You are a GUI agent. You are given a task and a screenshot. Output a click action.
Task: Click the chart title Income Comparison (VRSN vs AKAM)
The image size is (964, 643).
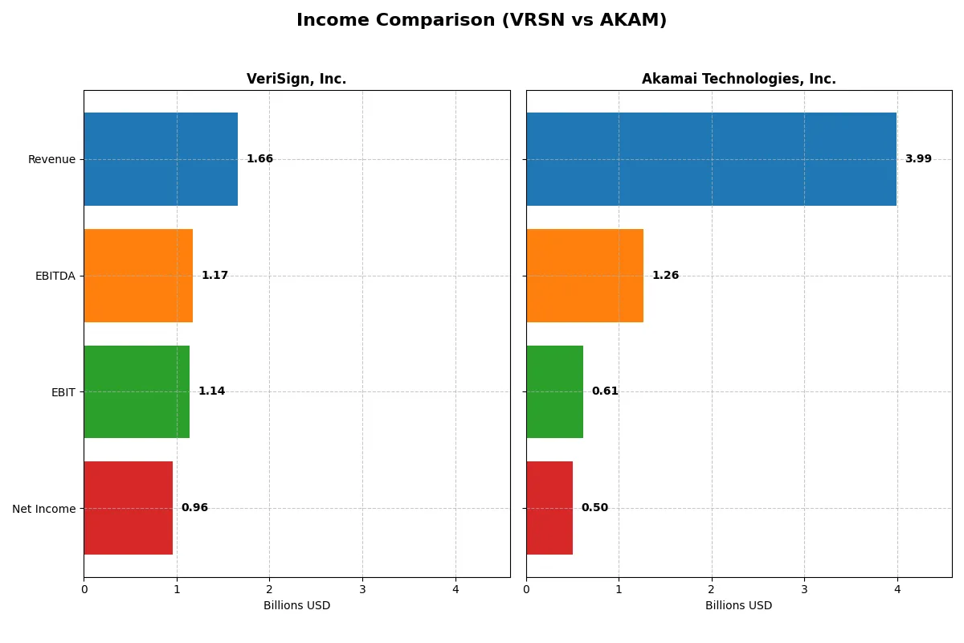pos(481,20)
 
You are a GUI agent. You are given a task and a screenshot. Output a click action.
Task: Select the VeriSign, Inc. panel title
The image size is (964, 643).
pos(296,79)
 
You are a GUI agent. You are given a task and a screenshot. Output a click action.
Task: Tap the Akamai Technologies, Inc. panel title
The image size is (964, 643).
pos(738,79)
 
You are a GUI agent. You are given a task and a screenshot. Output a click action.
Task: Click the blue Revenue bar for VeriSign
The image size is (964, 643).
pos(161,159)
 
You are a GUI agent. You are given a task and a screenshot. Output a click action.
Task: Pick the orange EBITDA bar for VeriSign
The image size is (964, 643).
pos(138,276)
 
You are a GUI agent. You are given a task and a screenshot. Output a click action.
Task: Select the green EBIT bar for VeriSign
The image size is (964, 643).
pos(137,391)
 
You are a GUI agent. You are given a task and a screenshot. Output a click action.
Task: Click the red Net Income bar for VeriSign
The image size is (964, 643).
pos(129,508)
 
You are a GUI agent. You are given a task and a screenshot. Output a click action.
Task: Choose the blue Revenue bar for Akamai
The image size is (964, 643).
pos(711,159)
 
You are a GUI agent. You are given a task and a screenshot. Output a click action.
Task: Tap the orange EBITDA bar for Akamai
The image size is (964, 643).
pos(585,276)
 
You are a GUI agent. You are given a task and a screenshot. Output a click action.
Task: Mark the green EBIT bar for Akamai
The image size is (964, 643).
pos(554,391)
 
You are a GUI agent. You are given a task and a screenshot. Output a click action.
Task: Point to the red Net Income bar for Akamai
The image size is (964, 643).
pos(549,508)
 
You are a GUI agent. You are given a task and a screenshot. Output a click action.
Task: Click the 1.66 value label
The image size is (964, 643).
pos(259,159)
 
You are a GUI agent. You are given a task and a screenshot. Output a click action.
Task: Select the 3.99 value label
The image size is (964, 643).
pos(918,159)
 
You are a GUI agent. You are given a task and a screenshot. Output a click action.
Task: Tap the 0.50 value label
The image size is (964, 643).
pos(594,508)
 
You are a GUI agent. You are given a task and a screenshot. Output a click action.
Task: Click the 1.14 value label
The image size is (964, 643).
pos(211,391)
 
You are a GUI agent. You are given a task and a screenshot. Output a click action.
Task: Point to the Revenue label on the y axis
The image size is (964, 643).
pos(51,159)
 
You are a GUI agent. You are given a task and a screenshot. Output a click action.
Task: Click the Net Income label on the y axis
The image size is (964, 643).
pos(44,508)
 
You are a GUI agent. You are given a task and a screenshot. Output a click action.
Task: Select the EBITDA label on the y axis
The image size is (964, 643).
pos(55,276)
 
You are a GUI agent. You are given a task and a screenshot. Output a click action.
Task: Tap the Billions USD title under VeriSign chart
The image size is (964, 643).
pos(296,605)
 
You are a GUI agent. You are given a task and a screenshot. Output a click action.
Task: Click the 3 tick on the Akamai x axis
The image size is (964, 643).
pos(804,589)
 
